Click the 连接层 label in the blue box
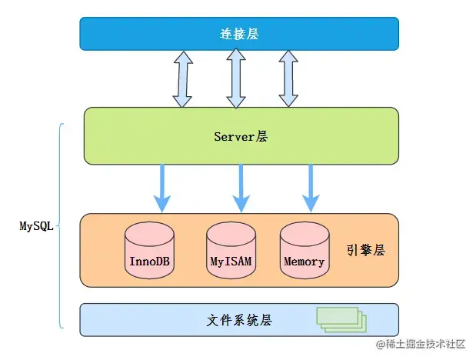coord(239,33)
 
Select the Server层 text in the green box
coord(241,136)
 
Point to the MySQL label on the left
coord(36,227)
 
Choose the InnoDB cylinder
coord(149,251)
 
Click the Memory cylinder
coord(304,251)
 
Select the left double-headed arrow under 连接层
coord(182,78)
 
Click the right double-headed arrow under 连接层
coord(288,78)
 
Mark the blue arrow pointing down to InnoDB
coord(161,188)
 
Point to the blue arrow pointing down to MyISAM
coord(240,188)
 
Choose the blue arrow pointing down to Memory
coord(311,188)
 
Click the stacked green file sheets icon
coord(339,319)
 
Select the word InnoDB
coord(149,262)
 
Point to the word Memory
coord(304,262)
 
